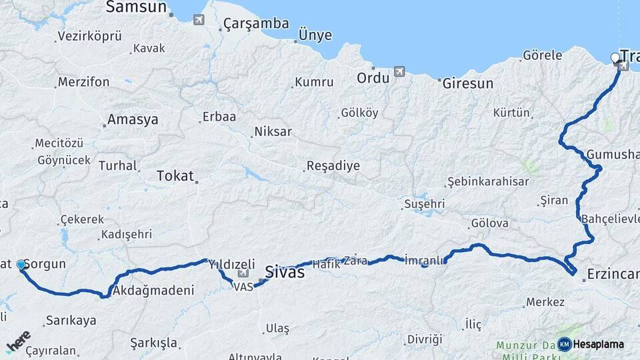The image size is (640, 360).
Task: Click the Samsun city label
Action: pyautogui.click(x=135, y=7)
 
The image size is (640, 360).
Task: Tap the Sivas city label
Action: pyautogui.click(x=285, y=272)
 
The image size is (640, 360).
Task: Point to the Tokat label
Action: pyautogui.click(x=175, y=176)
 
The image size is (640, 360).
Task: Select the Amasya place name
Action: pyautogui.click(x=133, y=120)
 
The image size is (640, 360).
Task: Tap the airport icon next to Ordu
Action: pyautogui.click(x=399, y=71)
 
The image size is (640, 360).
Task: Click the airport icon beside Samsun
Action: pyautogui.click(x=199, y=19)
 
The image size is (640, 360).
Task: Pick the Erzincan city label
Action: pyautogui.click(x=612, y=274)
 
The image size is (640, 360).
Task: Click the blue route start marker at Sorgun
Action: pyautogui.click(x=21, y=265)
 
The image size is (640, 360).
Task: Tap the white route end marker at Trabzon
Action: pyautogui.click(x=615, y=58)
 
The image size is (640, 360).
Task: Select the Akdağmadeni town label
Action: pyautogui.click(x=153, y=291)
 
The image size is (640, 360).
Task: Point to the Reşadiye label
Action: pyautogui.click(x=333, y=166)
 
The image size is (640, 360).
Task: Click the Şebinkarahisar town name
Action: pyautogui.click(x=488, y=181)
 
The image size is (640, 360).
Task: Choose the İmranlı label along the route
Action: pyautogui.click(x=424, y=261)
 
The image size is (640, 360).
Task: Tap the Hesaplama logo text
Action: pyautogui.click(x=599, y=344)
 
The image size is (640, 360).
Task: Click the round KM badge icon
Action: pyautogui.click(x=565, y=344)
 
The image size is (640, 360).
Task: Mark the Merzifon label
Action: pyautogui.click(x=83, y=82)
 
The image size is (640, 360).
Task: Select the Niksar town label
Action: pyautogui.click(x=273, y=131)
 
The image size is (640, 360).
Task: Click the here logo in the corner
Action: pyautogui.click(x=18, y=341)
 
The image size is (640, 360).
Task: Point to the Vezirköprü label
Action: pyautogui.click(x=89, y=37)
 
